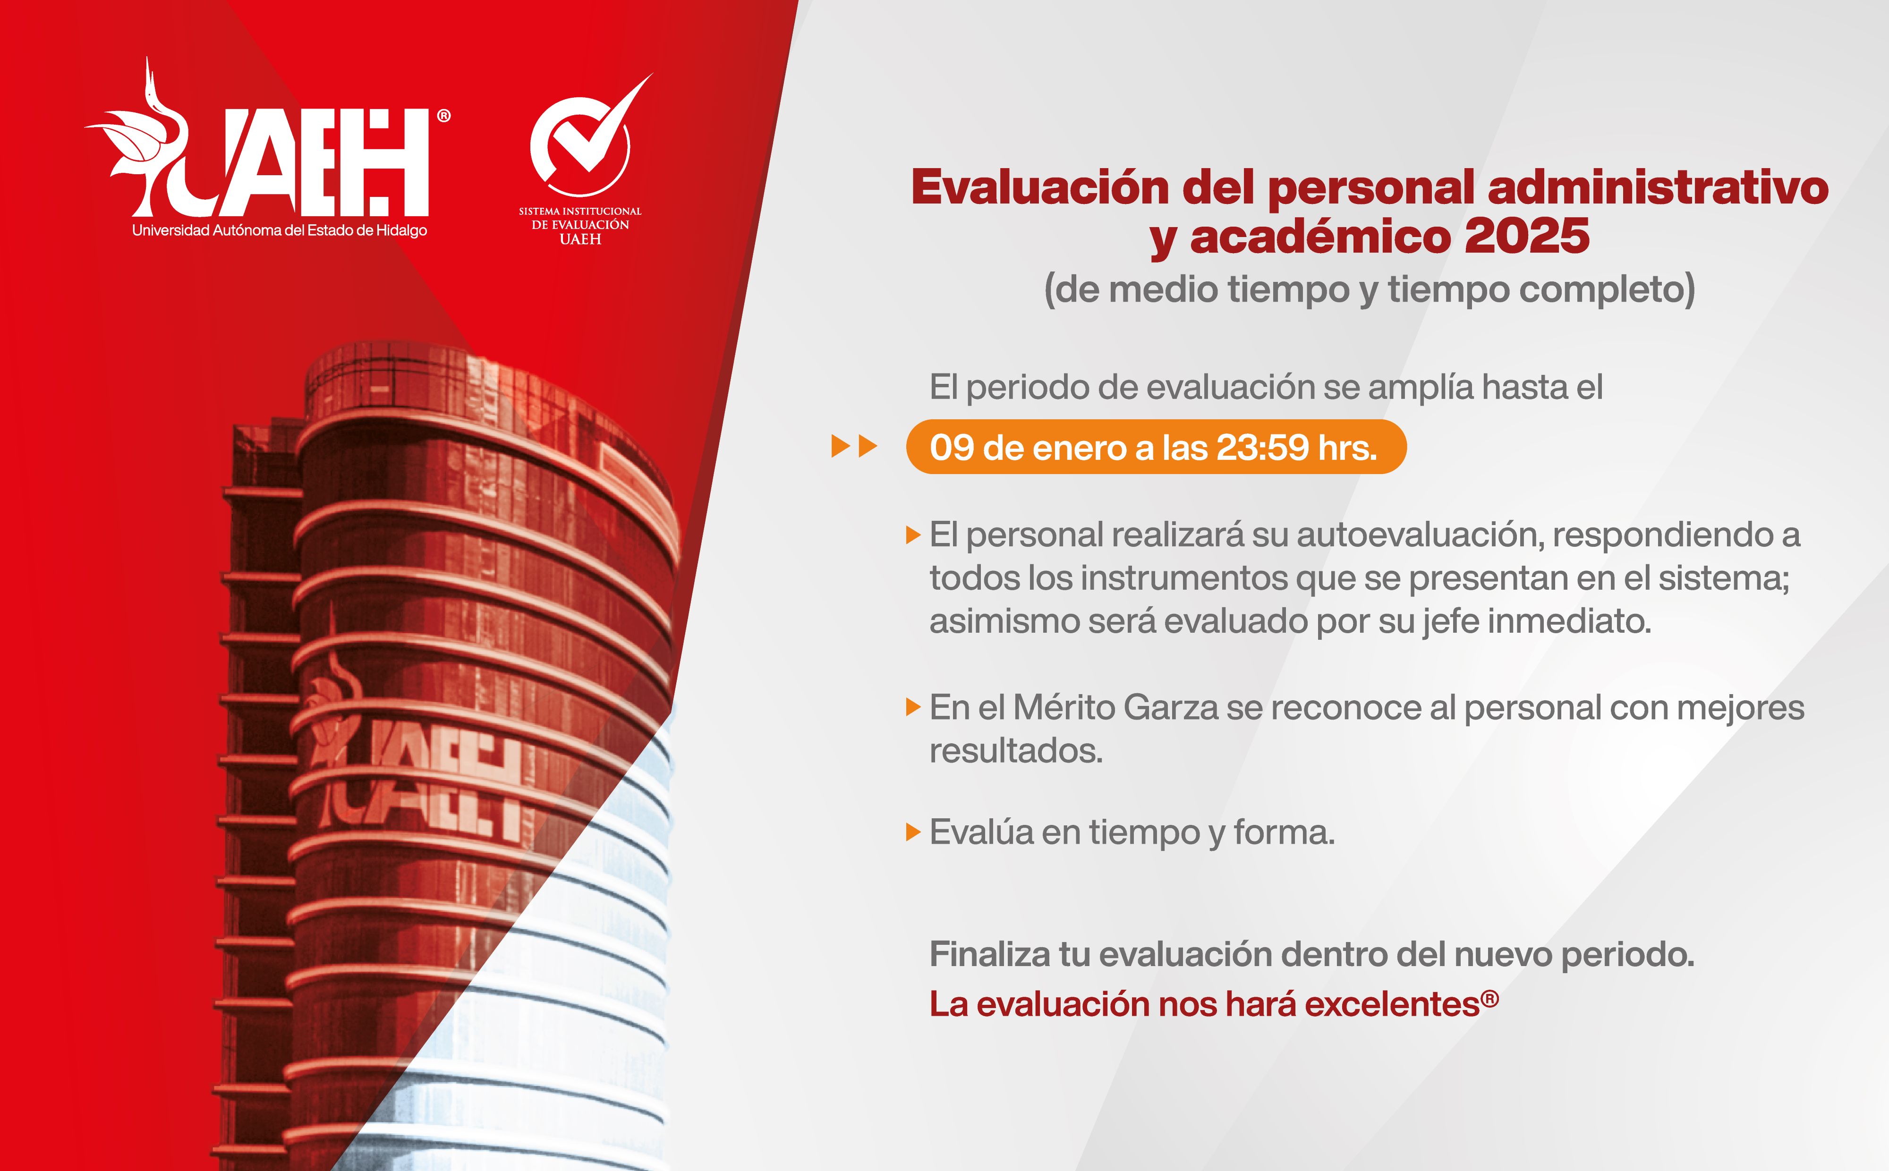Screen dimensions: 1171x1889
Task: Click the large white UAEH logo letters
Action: (x=310, y=162)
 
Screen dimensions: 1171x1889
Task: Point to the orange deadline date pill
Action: (x=1156, y=447)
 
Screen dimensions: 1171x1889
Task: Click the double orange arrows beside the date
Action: (x=853, y=447)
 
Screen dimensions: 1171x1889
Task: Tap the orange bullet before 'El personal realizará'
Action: (x=913, y=535)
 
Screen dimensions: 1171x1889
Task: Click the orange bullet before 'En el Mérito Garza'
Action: (x=913, y=707)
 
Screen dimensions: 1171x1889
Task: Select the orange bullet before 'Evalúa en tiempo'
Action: (x=913, y=832)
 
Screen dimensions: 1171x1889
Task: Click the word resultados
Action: (x=1015, y=750)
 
